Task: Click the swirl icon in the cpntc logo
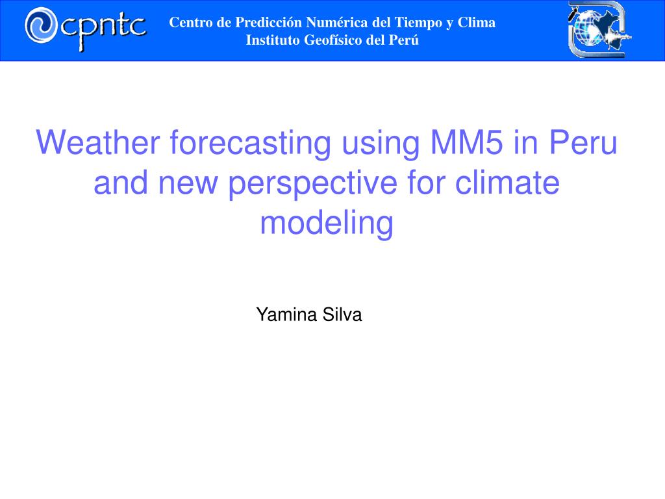click(x=41, y=25)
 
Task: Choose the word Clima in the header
click(x=476, y=22)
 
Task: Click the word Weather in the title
click(x=98, y=142)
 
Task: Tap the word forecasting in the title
click(x=251, y=144)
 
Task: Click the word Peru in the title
click(x=583, y=142)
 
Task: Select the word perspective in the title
click(x=312, y=185)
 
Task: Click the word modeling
click(x=327, y=224)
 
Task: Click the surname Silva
click(x=342, y=315)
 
